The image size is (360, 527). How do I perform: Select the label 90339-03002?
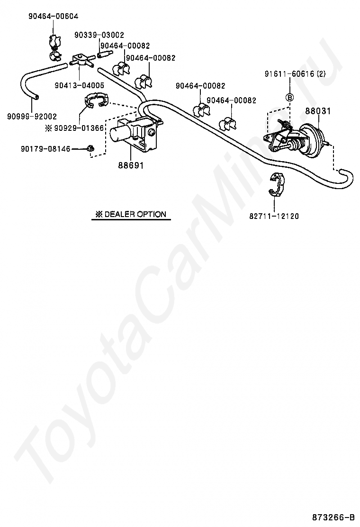(x=99, y=35)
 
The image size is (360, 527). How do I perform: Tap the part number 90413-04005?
(x=79, y=85)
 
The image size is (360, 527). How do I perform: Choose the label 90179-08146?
(x=45, y=149)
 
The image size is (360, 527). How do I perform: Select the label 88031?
(x=317, y=111)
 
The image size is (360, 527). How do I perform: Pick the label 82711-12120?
(x=274, y=216)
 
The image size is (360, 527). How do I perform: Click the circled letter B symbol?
(x=290, y=97)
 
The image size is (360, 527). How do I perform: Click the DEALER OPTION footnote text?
(x=131, y=214)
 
